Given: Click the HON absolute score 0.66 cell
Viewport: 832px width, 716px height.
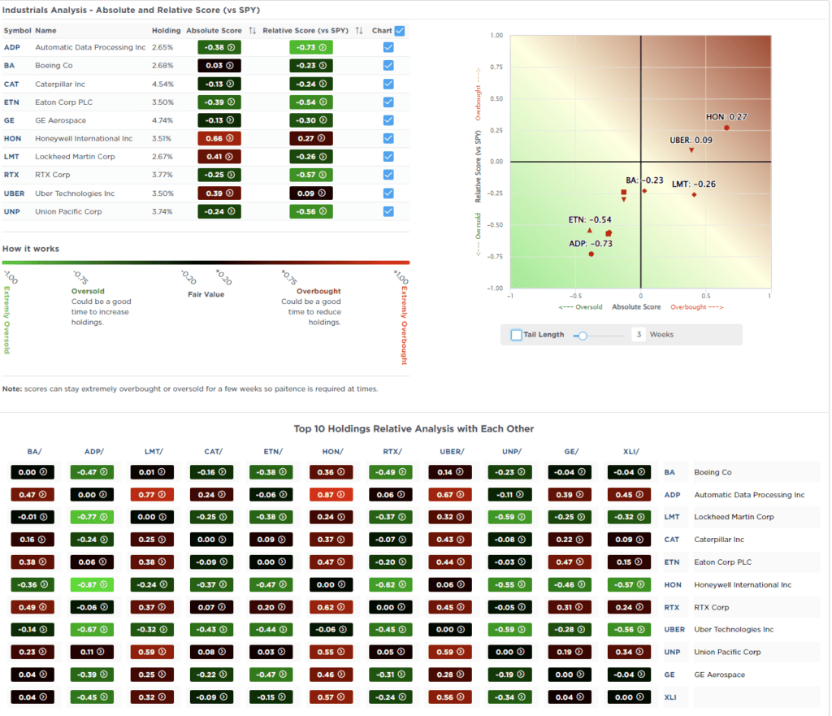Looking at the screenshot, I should pyautogui.click(x=219, y=138).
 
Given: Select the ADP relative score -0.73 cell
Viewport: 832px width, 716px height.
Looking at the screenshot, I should pyautogui.click(x=310, y=47).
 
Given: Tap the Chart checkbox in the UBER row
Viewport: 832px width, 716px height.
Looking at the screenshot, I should pyautogui.click(x=388, y=193).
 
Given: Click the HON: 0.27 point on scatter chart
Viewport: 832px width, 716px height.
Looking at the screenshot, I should pyautogui.click(x=727, y=128).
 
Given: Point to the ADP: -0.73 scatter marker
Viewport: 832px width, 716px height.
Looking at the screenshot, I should pyautogui.click(x=591, y=254).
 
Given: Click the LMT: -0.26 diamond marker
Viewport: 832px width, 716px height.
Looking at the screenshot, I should pyautogui.click(x=695, y=195).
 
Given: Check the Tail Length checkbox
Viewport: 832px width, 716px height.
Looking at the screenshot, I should pyautogui.click(x=517, y=335).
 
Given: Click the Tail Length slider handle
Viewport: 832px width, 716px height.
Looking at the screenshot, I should pyautogui.click(x=582, y=335).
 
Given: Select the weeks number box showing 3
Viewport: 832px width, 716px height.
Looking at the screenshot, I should pyautogui.click(x=639, y=335).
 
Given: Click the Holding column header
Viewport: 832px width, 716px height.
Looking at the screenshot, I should pyautogui.click(x=166, y=30).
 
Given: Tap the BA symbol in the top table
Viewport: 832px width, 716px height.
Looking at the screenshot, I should pyautogui.click(x=9, y=65).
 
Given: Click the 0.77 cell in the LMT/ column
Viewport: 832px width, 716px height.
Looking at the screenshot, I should pyautogui.click(x=152, y=495).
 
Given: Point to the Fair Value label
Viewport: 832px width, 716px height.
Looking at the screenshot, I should pyautogui.click(x=206, y=294).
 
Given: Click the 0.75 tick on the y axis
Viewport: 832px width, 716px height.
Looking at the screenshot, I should pyautogui.click(x=496, y=67).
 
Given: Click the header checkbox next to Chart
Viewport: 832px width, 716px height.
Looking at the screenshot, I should pyautogui.click(x=399, y=31).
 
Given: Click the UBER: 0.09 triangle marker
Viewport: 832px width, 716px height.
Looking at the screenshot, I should pyautogui.click(x=691, y=150).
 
